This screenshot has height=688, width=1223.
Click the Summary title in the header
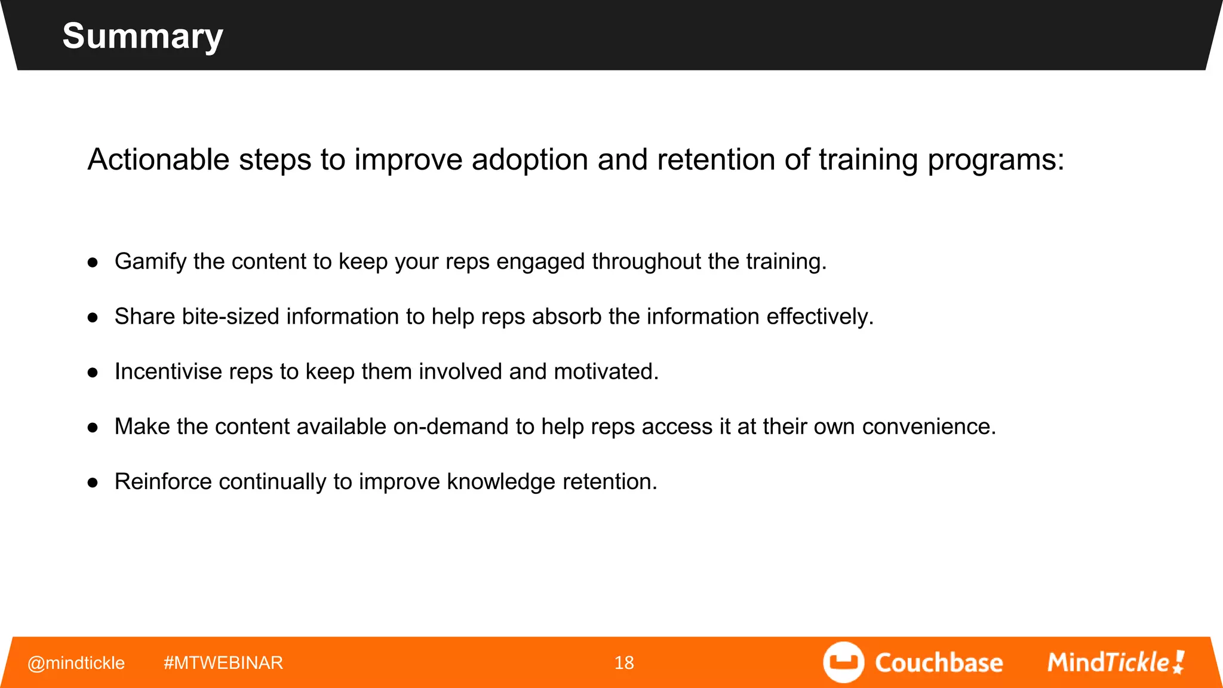pos(142,36)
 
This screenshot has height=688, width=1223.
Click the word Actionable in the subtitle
pos(158,159)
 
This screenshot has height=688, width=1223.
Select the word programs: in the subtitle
pos(995,161)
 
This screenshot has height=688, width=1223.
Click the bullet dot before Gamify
pos(93,262)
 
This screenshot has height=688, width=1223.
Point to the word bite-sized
pos(230,317)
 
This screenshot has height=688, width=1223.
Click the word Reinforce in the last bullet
pos(163,481)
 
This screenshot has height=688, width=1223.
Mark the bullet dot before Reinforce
pos(93,483)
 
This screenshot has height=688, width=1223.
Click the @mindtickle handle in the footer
pos(76,663)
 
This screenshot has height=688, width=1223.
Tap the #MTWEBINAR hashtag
pos(223,663)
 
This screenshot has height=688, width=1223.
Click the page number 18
pos(624,663)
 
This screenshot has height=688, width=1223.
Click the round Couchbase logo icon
pos(843,662)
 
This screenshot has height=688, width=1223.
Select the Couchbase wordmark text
pos(939,663)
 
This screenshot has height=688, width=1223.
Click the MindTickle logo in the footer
pos(1116,662)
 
